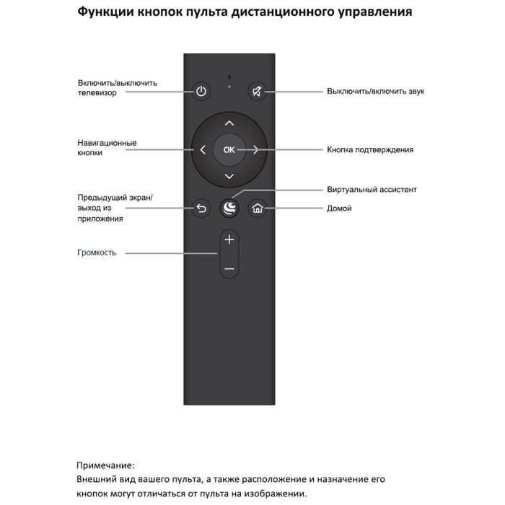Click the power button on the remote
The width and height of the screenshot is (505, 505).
point(201,91)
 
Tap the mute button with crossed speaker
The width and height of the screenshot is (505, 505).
point(257,91)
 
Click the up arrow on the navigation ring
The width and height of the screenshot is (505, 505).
point(229,123)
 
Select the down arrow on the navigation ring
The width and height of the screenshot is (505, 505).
point(229,176)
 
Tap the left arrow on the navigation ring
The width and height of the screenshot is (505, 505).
point(203,150)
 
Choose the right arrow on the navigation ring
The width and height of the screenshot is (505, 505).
point(255,150)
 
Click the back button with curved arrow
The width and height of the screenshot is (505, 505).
point(201,208)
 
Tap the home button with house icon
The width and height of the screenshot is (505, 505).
point(258,208)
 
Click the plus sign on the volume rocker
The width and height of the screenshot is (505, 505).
point(229,240)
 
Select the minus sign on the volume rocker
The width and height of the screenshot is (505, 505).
point(229,268)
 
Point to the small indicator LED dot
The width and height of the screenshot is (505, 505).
point(229,87)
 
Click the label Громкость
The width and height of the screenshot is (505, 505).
point(97,252)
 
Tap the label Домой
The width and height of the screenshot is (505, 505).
point(339,208)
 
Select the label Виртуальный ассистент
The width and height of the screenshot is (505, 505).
point(372,189)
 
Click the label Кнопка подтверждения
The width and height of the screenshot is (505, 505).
point(370,150)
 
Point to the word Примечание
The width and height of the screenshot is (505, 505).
point(105,465)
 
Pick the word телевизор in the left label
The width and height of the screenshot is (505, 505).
point(97,93)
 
